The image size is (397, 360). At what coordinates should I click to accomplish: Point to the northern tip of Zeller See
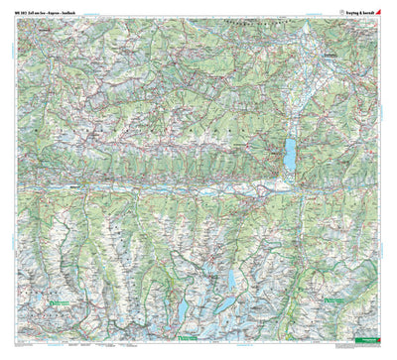(x=289, y=136)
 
